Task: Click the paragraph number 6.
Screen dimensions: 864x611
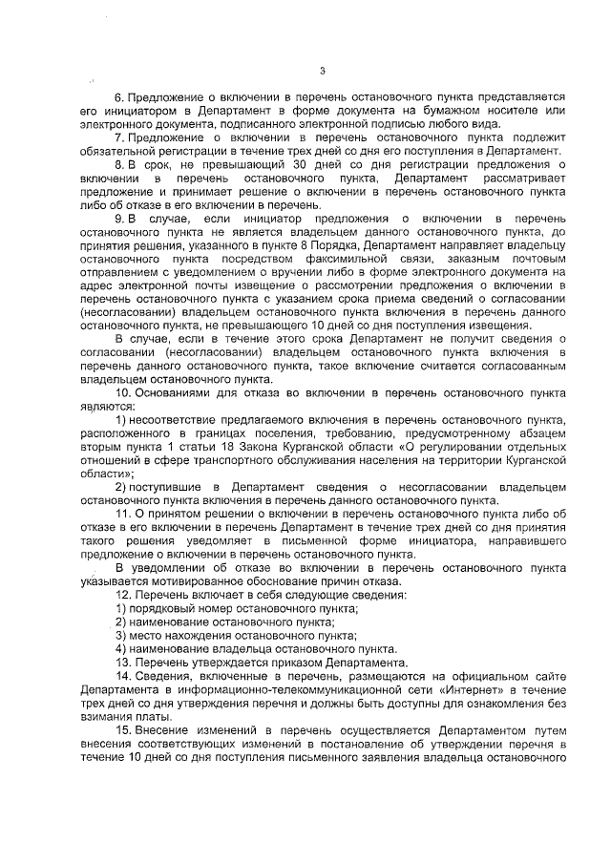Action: [x=118, y=97]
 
